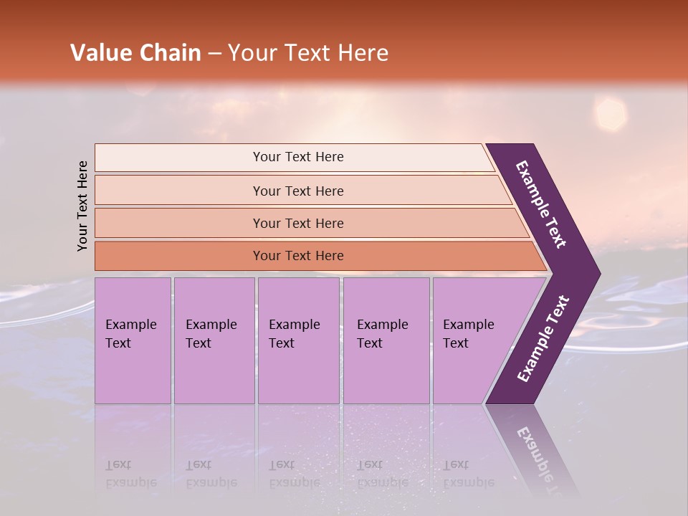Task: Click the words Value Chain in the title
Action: point(135,53)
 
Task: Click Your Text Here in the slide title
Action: point(308,53)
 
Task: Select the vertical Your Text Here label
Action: point(82,206)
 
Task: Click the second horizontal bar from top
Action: point(297,191)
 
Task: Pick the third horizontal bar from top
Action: point(297,223)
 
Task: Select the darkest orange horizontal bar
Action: point(297,256)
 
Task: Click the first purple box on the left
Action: point(133,340)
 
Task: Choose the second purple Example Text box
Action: point(214,340)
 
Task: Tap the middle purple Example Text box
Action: point(298,340)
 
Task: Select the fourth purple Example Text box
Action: point(386,340)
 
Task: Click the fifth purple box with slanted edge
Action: point(473,340)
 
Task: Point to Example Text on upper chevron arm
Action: point(541,204)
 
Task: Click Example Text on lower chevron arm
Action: point(543,338)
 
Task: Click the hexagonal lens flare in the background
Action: point(610,115)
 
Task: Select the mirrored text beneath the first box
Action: point(131,474)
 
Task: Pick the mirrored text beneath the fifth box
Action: point(468,474)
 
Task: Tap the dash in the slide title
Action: point(214,54)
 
